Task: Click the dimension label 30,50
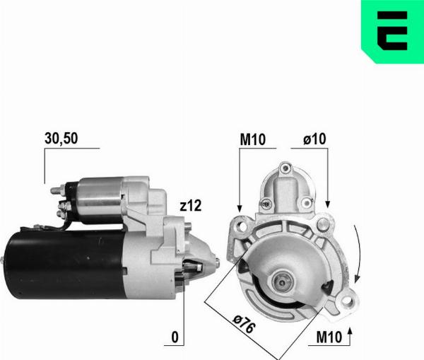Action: click(61, 139)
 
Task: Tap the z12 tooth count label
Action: click(191, 207)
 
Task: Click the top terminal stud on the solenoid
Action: click(61, 190)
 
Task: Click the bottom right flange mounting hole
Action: click(347, 303)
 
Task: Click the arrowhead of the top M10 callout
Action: click(240, 207)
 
